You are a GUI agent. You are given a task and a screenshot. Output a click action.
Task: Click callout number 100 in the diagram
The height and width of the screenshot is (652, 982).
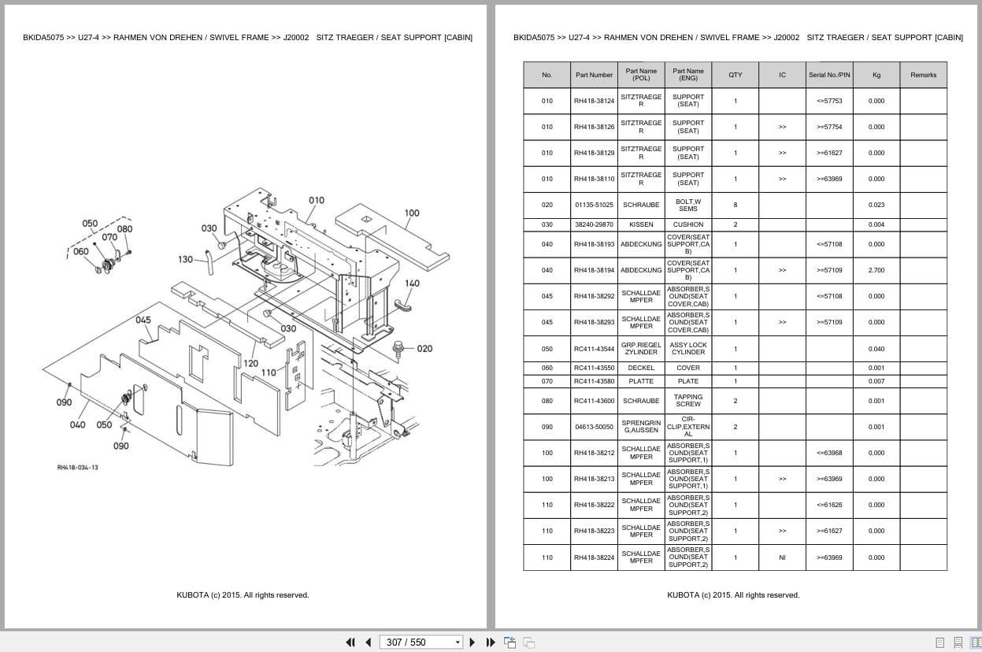[x=412, y=213]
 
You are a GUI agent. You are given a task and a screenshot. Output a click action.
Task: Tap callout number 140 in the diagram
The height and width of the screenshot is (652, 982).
[x=412, y=283]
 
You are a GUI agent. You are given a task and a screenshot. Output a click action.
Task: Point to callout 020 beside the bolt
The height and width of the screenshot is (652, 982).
[x=424, y=349]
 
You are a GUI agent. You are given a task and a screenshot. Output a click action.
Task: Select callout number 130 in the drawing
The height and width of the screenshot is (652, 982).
[x=185, y=260]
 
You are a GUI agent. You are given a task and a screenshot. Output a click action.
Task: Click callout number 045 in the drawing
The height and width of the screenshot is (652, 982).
[x=143, y=320]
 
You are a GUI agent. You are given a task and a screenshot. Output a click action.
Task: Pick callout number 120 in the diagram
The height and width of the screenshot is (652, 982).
[x=250, y=363]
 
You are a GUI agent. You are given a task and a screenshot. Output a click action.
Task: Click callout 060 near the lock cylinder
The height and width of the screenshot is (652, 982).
[x=81, y=252]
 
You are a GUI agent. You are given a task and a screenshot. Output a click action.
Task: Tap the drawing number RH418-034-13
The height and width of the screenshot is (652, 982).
[x=77, y=468]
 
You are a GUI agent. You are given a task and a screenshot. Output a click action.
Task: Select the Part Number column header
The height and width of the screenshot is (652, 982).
[x=594, y=75]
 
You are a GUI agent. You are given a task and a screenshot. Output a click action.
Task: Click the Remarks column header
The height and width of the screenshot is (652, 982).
[x=923, y=75]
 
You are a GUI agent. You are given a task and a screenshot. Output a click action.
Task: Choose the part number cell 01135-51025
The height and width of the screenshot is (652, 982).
[x=594, y=205]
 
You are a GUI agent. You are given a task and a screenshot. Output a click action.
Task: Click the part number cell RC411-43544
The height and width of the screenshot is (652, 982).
[x=594, y=349]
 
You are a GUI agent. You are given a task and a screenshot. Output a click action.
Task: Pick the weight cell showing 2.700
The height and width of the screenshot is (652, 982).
[x=876, y=270]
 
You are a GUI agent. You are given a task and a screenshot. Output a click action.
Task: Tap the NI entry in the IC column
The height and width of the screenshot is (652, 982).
[x=782, y=558]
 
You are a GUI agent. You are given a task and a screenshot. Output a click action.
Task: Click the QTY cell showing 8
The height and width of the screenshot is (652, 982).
[x=735, y=205]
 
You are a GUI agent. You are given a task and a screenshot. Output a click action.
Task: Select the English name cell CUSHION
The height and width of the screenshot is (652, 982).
[x=688, y=224]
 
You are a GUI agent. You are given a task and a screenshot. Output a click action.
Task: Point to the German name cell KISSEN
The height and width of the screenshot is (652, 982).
[x=641, y=224]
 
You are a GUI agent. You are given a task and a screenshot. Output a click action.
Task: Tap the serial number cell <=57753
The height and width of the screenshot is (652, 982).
[x=829, y=101]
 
